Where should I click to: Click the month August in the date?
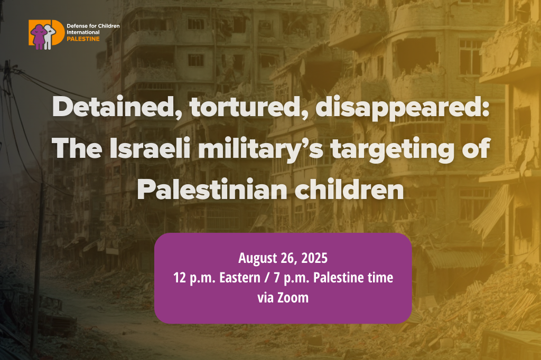257,259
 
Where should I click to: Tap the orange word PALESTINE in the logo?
83,39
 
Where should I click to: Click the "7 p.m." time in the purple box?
292,278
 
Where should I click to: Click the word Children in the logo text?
109,25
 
